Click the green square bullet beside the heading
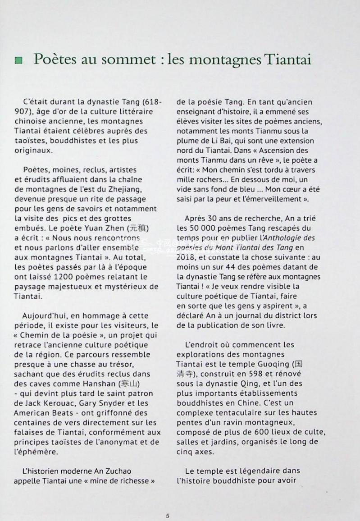[18, 60]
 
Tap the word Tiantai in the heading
[287, 60]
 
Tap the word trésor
[135, 364]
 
